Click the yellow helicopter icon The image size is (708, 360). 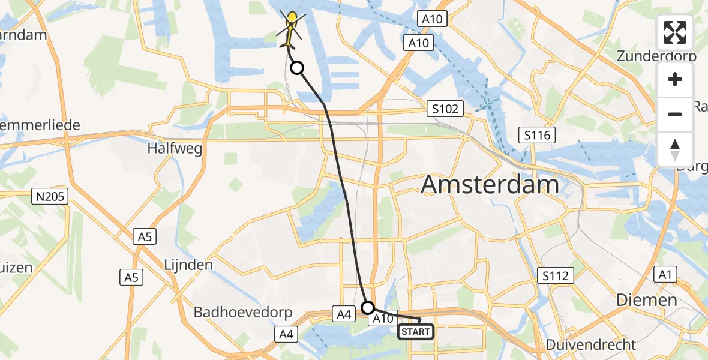coord(291,30)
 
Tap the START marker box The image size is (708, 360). coord(415,331)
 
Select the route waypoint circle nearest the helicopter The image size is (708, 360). coord(297,68)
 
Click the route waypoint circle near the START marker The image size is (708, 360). coord(368,308)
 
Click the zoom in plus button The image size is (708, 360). coord(675,80)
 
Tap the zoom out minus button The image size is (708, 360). coord(675,114)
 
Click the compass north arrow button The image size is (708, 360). coord(675,148)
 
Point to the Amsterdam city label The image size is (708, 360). coord(490,184)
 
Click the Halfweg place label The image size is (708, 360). coord(175,148)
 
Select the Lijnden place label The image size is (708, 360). coord(188,265)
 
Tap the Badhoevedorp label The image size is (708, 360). coord(242,313)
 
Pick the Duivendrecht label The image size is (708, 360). coord(591,344)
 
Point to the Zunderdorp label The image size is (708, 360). coord(657,56)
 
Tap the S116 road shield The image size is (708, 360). coord(536,135)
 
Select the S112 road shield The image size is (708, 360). coord(556,275)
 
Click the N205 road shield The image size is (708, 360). coord(51,196)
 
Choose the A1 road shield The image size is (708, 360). coord(664,275)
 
